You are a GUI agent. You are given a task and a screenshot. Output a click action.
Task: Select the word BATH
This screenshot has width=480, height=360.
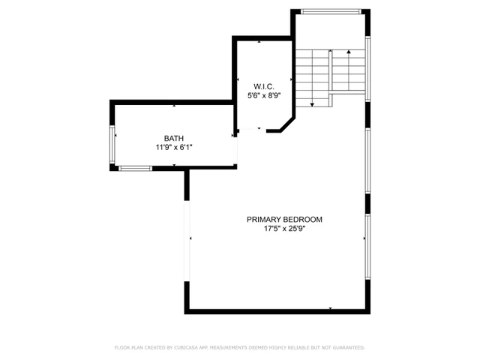[x=174, y=138]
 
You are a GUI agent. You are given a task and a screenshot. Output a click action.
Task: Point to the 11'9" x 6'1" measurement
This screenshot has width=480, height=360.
[x=174, y=147]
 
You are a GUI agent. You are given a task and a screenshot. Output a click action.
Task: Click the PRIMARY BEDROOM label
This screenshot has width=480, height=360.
[x=284, y=219]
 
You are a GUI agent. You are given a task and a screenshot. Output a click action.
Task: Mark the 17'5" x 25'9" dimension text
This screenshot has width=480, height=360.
[x=284, y=229]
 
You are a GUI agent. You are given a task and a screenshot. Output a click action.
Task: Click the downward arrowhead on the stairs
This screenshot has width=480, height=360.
[x=312, y=103]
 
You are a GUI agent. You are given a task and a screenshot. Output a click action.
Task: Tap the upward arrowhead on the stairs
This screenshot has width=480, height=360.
[x=349, y=52]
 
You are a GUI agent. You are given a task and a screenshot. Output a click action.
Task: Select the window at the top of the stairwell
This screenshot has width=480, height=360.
[x=330, y=11]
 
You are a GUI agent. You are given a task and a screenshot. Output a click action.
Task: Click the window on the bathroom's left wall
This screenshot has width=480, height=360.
[x=113, y=146]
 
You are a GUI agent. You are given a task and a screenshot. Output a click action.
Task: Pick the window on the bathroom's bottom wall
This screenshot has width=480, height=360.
[x=136, y=169]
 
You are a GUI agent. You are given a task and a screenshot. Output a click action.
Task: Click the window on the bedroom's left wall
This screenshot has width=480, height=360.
[x=187, y=238]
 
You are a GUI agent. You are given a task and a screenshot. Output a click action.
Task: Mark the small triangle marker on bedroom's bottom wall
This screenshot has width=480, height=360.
[x=330, y=307]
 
